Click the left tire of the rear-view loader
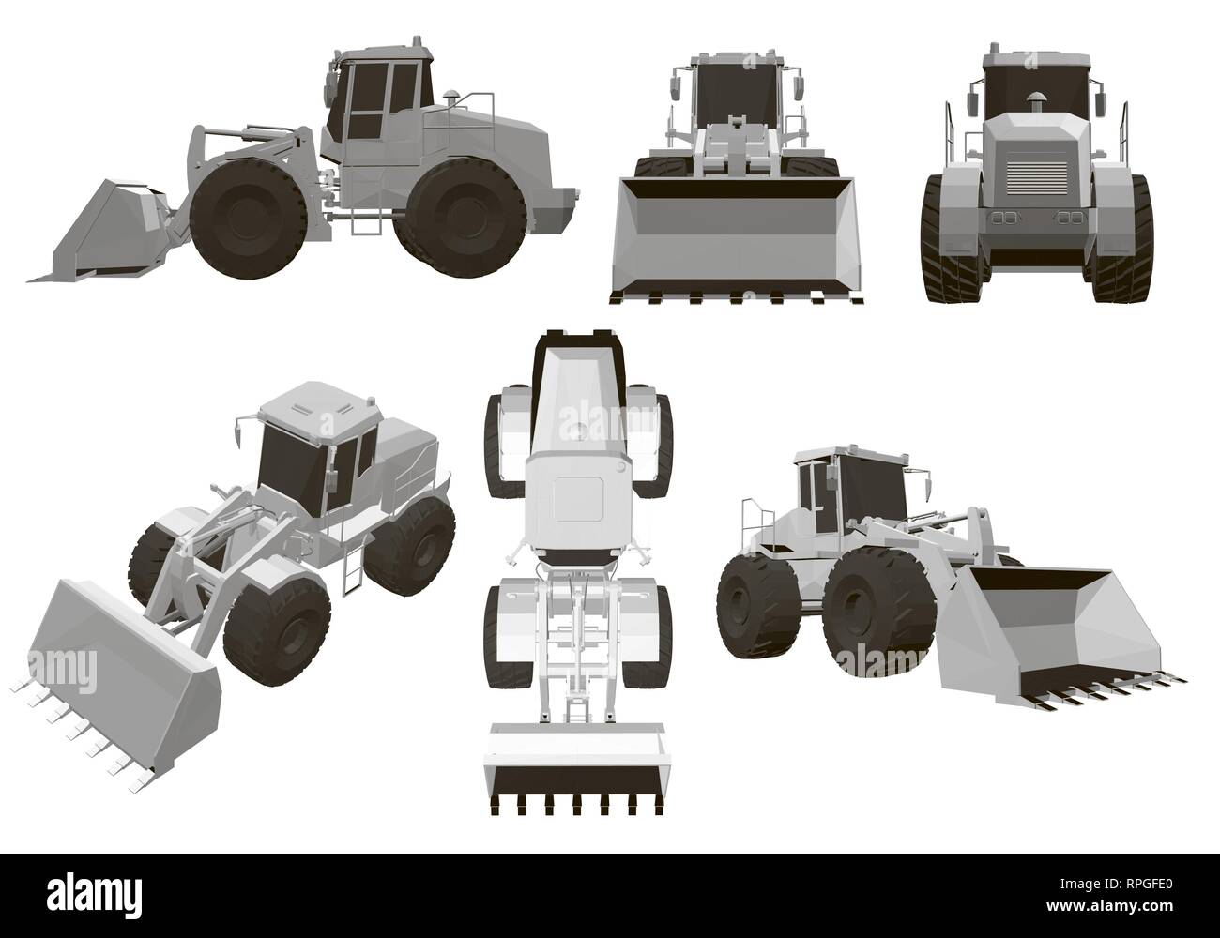pyautogui.click(x=943, y=239)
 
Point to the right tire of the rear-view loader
pyautogui.click(x=1131, y=239)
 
